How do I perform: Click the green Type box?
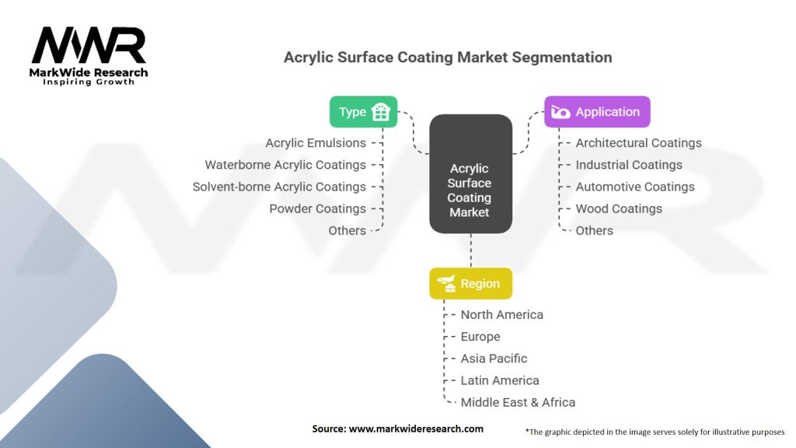pyautogui.click(x=363, y=111)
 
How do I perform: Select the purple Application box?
pyautogui.click(x=596, y=112)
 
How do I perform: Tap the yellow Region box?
pyautogui.click(x=470, y=284)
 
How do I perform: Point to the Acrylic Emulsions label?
pyautogui.click(x=316, y=143)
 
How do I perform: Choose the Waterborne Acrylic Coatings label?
pyautogui.click(x=285, y=165)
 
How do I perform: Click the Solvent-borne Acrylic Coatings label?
pyautogui.click(x=279, y=187)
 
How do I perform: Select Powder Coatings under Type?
pyautogui.click(x=317, y=208)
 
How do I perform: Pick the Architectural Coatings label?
pyautogui.click(x=638, y=143)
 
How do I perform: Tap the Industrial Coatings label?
pyautogui.click(x=629, y=165)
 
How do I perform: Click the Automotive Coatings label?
pyautogui.click(x=635, y=187)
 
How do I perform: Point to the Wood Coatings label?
pyautogui.click(x=619, y=208)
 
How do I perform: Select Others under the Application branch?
pyautogui.click(x=594, y=230)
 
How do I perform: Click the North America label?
pyautogui.click(x=501, y=315)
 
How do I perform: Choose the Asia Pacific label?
pyautogui.click(x=494, y=359)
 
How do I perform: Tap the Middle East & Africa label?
pyautogui.click(x=518, y=402)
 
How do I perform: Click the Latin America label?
pyautogui.click(x=500, y=380)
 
